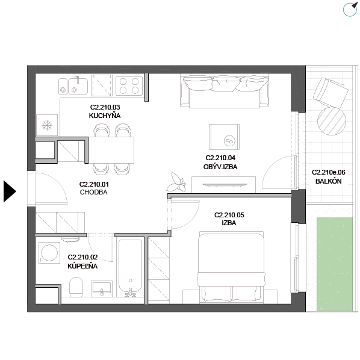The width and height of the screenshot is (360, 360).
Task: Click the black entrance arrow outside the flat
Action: coord(10,191)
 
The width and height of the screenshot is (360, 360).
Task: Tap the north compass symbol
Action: coord(350,9)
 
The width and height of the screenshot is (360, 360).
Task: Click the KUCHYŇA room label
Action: coord(105,116)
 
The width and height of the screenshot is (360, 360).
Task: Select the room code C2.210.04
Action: coord(220,158)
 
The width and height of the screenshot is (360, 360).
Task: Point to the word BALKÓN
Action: coord(328,181)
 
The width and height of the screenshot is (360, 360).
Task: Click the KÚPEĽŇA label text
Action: coord(82,266)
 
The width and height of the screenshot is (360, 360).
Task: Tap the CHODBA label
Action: coord(94,192)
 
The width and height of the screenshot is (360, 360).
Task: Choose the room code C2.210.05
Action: coord(229,215)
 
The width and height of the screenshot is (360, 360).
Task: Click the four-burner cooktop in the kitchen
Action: coord(129,85)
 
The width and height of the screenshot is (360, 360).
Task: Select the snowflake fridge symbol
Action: coord(47,125)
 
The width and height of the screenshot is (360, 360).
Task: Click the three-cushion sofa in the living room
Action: coord(225,91)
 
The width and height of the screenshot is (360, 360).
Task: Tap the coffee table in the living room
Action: coord(224,137)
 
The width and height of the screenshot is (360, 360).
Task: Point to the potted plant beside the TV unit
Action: coord(176,182)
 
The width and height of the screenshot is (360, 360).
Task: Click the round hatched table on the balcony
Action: coord(332,121)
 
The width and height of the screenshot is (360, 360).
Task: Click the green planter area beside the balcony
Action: coord(335,264)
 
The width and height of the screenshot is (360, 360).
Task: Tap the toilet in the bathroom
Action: coord(76,287)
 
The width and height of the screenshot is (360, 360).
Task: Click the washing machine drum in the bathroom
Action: coord(49,253)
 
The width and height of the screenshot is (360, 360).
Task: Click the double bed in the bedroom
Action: coord(231,267)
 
